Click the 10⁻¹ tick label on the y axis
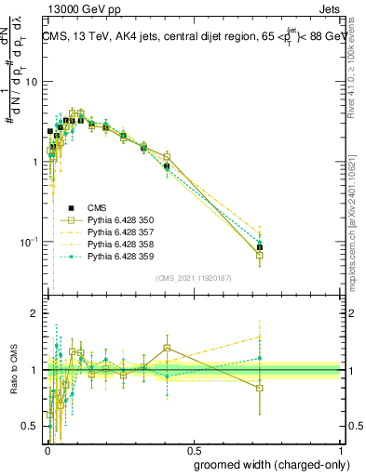tap(29, 243)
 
